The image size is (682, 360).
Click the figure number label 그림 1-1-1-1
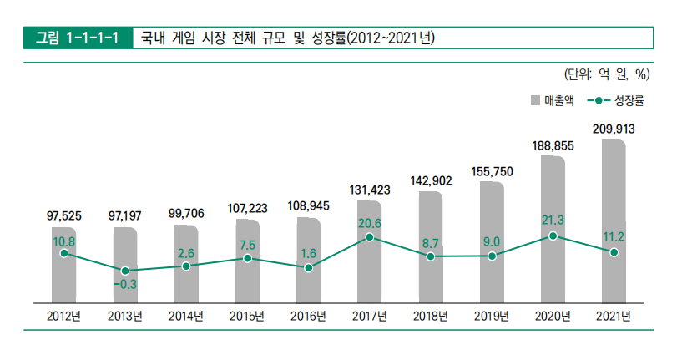point(78,38)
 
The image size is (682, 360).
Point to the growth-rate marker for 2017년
point(369,238)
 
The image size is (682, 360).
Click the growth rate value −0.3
point(124,285)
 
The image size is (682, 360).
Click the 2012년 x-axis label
point(63,316)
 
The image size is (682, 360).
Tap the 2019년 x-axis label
point(492,316)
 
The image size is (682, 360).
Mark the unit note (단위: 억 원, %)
point(607,74)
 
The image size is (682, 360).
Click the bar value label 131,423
point(369,190)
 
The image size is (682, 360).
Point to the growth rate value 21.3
point(553,221)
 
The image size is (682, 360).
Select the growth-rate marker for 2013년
point(124,271)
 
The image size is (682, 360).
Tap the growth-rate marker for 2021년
point(614,252)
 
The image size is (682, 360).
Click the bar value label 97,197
point(124,215)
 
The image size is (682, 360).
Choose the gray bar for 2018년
point(430,246)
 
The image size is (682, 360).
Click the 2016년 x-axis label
point(308,316)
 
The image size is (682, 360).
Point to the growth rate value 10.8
point(63,241)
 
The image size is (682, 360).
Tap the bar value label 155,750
point(492,171)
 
